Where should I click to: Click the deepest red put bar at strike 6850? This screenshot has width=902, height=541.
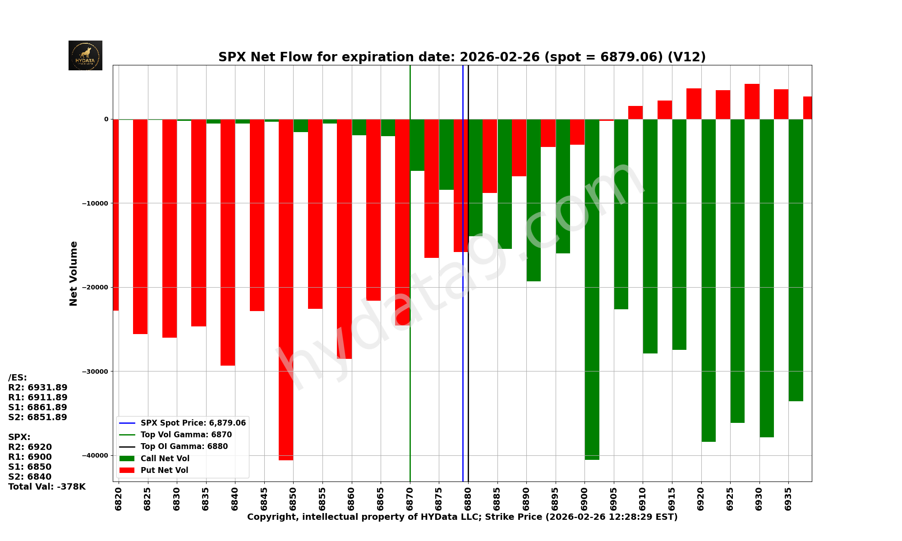tap(286, 289)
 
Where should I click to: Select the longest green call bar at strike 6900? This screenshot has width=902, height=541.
tap(592, 289)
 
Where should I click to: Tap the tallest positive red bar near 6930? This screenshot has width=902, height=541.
tap(752, 101)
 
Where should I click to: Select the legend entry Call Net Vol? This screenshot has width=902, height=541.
tap(165, 458)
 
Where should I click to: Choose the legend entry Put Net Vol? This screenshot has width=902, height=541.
tap(164, 470)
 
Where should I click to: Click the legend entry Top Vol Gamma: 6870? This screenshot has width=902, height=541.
tap(186, 435)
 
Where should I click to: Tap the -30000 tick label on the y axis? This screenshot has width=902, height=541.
tap(95, 371)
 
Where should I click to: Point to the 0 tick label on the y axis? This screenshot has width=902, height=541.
tap(106, 119)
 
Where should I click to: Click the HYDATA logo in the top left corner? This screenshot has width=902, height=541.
tap(85, 55)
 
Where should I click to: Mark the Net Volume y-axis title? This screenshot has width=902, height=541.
tap(74, 273)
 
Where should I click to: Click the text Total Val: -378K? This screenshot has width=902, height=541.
tap(47, 487)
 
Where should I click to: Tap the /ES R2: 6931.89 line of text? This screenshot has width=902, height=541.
tap(38, 388)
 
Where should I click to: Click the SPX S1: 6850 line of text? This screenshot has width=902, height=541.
tap(30, 467)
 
